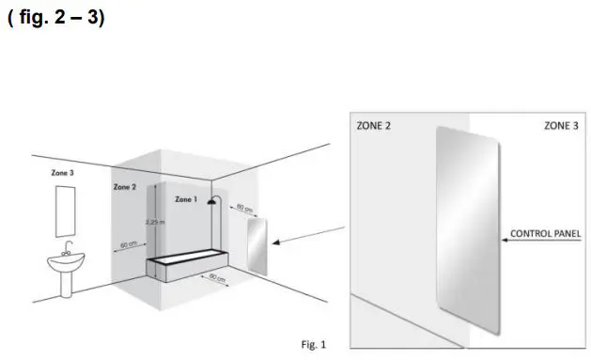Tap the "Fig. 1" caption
click(x=314, y=345)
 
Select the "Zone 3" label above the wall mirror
click(x=63, y=173)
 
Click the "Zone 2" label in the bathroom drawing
click(x=125, y=187)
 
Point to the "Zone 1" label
click(x=186, y=199)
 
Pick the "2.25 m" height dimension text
click(x=154, y=223)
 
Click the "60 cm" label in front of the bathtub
click(x=216, y=278)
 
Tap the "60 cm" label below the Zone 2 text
click(x=129, y=245)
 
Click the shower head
click(x=213, y=201)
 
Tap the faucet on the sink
click(x=67, y=249)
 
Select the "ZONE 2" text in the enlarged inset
click(x=373, y=125)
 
